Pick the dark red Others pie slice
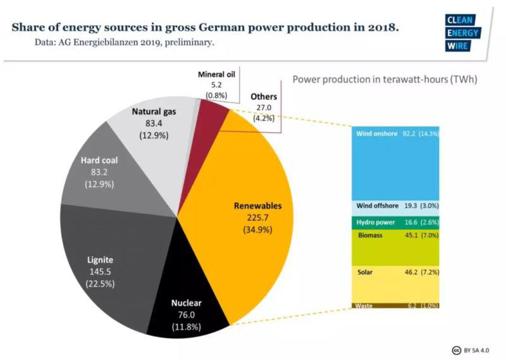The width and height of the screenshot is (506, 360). pyautogui.click(x=211, y=118)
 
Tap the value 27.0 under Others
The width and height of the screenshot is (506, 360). pyautogui.click(x=263, y=108)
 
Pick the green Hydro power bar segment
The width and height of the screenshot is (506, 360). pyautogui.click(x=395, y=222)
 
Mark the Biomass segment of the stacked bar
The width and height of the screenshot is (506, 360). pyautogui.click(x=395, y=247)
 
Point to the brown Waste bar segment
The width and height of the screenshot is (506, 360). pyautogui.click(x=395, y=305)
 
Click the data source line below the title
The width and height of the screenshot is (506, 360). pyautogui.click(x=125, y=43)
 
